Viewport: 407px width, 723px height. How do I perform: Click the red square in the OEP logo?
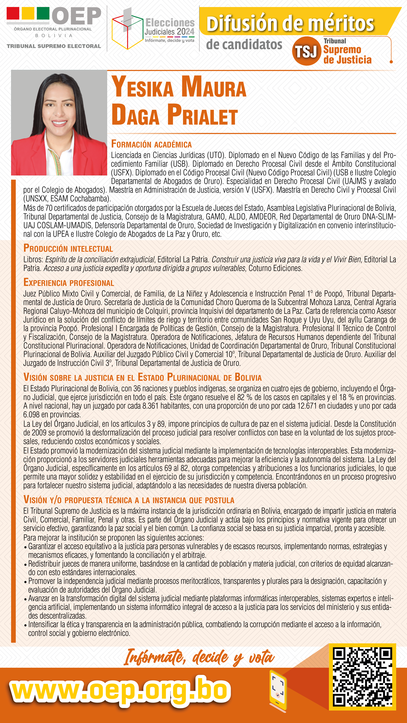(13, 13)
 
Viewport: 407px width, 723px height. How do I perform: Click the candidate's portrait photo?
(59, 123)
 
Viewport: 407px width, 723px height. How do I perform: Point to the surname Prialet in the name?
(202, 115)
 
